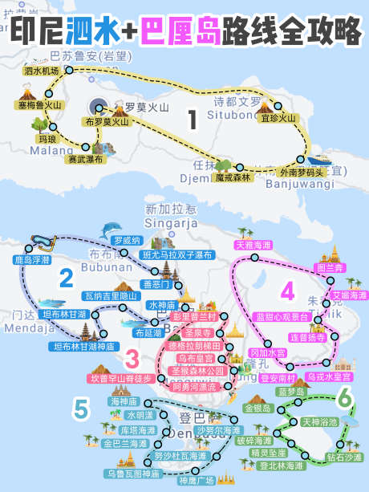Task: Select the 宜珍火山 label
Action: coord(278,118)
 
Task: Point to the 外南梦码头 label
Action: coord(302,172)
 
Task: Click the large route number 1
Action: coord(192,120)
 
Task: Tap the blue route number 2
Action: coord(67,279)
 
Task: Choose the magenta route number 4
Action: coord(288,290)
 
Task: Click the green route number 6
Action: coord(343,397)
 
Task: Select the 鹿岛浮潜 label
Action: coord(32,260)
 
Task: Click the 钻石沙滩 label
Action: coord(344,457)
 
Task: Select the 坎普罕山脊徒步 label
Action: coord(120,378)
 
